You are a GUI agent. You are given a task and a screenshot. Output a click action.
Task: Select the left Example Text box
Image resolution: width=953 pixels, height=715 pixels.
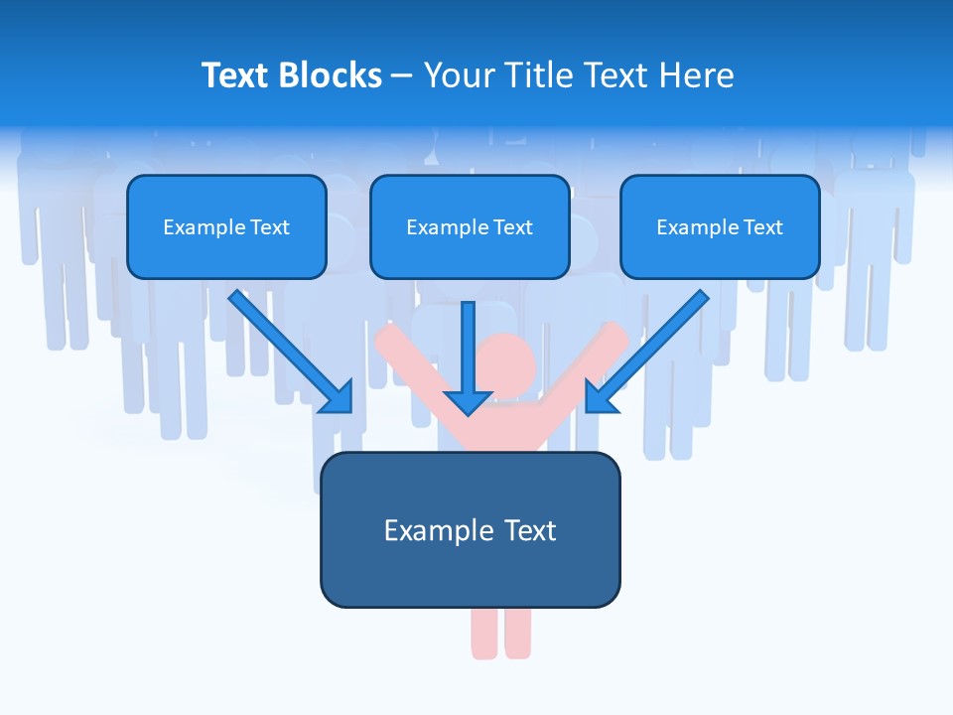pyautogui.click(x=226, y=226)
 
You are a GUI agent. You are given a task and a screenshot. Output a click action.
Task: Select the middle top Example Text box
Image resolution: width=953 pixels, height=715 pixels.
pyautogui.click(x=470, y=226)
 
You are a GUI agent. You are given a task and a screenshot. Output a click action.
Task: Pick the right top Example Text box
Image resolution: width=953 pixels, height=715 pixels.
pyautogui.click(x=720, y=226)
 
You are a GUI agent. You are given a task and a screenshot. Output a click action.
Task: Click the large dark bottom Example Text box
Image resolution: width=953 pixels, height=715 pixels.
pyautogui.click(x=470, y=529)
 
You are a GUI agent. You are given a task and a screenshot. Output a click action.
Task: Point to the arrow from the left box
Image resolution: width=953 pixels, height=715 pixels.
pyautogui.click(x=291, y=352)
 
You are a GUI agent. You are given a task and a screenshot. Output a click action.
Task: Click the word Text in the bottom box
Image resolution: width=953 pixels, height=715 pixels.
pyautogui.click(x=527, y=530)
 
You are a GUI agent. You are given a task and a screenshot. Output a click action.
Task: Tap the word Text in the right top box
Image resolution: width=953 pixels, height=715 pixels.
pyautogui.click(x=762, y=226)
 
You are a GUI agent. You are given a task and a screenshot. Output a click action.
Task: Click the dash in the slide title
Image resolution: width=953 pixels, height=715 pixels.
pyautogui.click(x=402, y=75)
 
